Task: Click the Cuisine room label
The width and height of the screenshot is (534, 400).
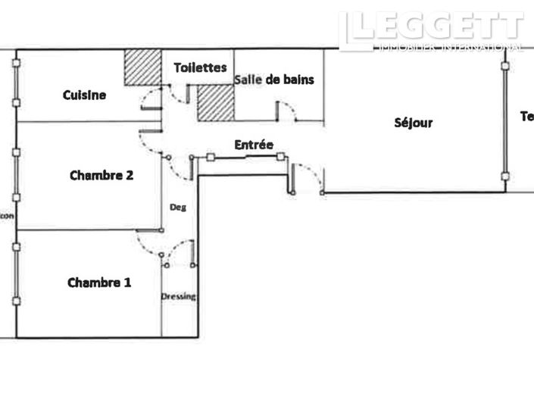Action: (x=84, y=95)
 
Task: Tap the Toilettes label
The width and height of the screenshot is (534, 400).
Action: (x=200, y=67)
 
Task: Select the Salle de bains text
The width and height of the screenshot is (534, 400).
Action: (x=274, y=79)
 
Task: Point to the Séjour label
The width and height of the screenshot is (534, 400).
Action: (x=413, y=123)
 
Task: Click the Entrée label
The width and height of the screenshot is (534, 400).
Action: (x=253, y=145)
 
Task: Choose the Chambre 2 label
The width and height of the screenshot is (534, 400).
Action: (x=101, y=175)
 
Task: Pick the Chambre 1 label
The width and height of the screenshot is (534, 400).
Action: (x=99, y=283)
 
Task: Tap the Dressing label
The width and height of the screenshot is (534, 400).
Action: (x=179, y=296)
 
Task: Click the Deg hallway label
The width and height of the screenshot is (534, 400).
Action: (x=178, y=207)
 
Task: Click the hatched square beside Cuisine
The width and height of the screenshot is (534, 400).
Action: (x=143, y=67)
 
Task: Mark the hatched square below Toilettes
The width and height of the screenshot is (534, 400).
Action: (x=215, y=102)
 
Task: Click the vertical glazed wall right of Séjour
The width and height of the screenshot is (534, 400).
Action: (x=505, y=121)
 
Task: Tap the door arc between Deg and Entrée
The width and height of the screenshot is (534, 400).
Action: (x=179, y=167)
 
